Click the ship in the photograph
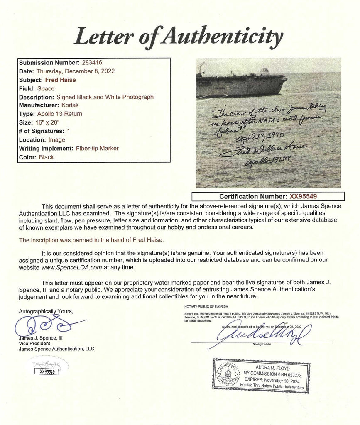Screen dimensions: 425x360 [241, 83]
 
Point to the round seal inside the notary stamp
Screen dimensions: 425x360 [228, 376]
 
